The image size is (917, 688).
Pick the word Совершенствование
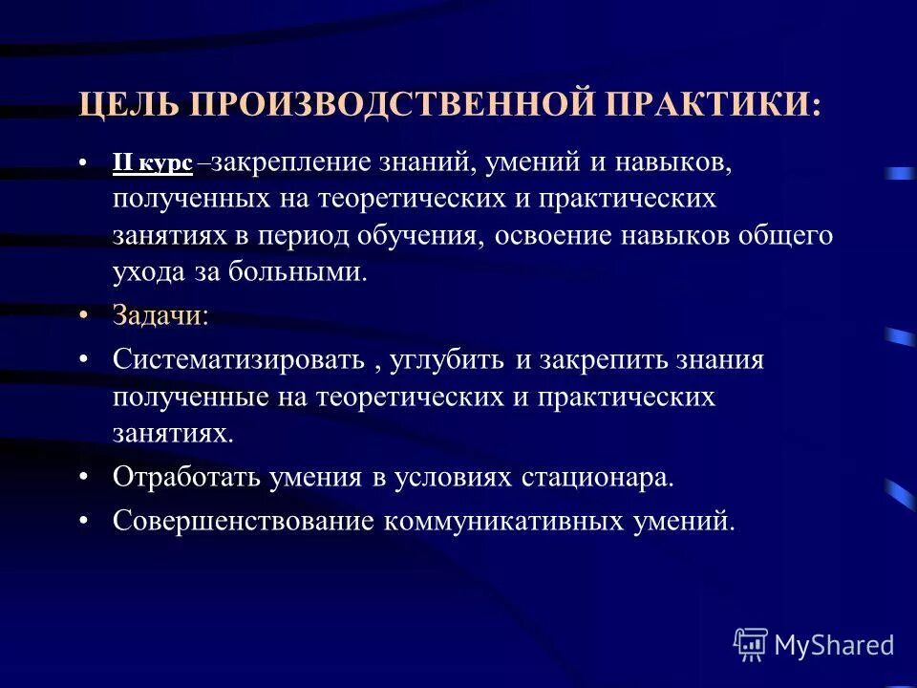(x=244, y=522)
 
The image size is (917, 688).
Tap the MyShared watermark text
(x=834, y=645)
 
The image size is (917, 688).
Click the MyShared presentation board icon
(x=751, y=645)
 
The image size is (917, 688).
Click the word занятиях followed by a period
(x=172, y=433)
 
